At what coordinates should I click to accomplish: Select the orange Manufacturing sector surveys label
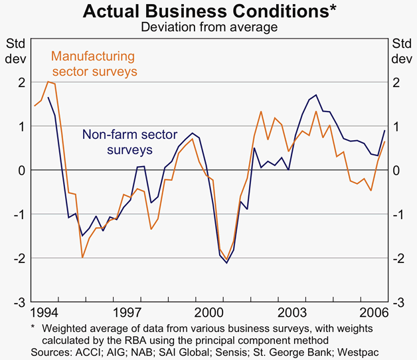pyautogui.click(x=94, y=63)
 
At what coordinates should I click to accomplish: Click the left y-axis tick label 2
pyautogui.click(x=21, y=82)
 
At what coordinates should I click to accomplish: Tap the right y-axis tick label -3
pyautogui.click(x=396, y=302)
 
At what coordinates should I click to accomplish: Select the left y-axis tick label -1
pyautogui.click(x=20, y=214)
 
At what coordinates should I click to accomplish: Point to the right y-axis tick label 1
pyautogui.click(x=396, y=126)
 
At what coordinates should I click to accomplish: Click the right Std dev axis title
pyautogui.click(x=401, y=51)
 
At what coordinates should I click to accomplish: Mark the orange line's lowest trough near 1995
pyautogui.click(x=82, y=257)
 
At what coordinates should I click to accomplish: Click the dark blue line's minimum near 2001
pyautogui.click(x=226, y=263)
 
